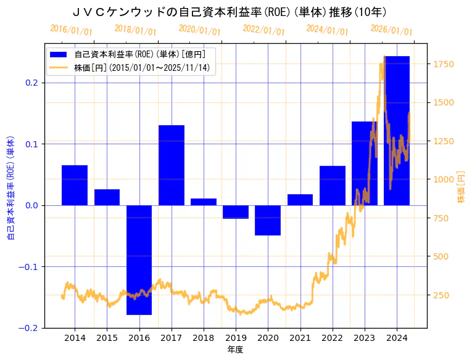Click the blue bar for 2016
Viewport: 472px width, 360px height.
139,260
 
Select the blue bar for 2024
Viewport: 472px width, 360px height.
397,130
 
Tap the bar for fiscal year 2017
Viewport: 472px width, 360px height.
172,165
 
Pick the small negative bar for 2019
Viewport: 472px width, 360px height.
236,212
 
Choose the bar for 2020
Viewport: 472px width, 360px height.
268,220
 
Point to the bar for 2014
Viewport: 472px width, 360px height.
75,185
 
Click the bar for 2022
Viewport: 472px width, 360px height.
333,185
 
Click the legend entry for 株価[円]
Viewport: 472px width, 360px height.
143,68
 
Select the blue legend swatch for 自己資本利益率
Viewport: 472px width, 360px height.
59,54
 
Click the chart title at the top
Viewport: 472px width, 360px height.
230,12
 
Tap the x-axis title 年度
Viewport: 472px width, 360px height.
236,350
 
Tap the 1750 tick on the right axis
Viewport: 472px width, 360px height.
444,64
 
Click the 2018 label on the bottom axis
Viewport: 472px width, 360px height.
204,338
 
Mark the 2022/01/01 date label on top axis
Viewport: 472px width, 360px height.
263,30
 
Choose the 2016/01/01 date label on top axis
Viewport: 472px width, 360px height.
71,30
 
